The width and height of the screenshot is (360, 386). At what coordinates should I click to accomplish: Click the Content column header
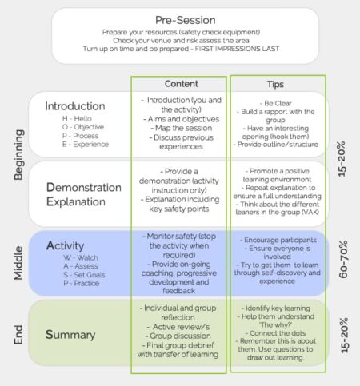click(x=181, y=84)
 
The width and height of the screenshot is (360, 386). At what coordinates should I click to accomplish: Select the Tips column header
click(x=275, y=84)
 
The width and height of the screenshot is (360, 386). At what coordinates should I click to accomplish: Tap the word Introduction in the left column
click(x=75, y=105)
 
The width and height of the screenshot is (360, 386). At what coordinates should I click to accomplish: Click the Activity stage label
click(x=66, y=245)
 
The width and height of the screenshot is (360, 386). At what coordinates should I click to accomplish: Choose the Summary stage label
click(x=72, y=334)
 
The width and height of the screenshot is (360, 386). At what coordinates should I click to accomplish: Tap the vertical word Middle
click(x=19, y=264)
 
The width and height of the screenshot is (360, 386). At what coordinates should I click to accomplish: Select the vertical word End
click(x=19, y=334)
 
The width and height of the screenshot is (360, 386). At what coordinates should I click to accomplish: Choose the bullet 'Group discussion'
click(x=180, y=336)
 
